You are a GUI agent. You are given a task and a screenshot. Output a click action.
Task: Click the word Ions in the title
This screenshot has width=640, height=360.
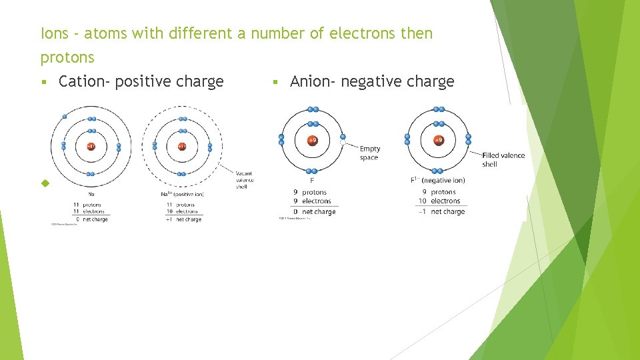[x=54, y=33]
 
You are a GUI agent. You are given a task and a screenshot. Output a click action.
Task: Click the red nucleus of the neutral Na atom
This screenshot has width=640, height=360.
[x=91, y=146]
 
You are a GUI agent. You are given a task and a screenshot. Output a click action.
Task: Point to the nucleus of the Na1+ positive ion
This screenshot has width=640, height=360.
[x=182, y=146]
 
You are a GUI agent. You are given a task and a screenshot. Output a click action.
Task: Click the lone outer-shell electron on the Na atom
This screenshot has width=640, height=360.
[x=65, y=117]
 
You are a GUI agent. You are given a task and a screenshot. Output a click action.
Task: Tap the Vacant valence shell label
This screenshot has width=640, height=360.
[x=245, y=179]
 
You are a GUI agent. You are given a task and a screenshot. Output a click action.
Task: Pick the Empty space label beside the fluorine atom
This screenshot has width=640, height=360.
[x=369, y=153]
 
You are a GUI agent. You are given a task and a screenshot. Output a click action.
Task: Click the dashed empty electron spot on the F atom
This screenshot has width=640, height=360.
[x=343, y=141]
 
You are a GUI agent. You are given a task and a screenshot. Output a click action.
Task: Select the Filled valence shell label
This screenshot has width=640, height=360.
[x=503, y=159]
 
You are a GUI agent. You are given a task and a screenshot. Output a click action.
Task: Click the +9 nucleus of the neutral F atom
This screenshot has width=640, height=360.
[x=312, y=141]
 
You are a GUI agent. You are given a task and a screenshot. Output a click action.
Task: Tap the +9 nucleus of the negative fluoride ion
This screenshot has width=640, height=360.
[x=438, y=141]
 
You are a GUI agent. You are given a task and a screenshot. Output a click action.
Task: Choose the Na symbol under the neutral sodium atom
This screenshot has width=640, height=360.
[x=91, y=195]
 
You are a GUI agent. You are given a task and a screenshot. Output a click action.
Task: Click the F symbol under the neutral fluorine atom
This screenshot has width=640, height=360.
[x=312, y=180]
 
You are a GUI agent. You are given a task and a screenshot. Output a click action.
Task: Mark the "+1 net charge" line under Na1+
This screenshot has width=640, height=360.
[x=184, y=219]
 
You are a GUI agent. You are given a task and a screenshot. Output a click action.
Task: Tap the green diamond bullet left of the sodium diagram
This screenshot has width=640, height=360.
[x=45, y=183]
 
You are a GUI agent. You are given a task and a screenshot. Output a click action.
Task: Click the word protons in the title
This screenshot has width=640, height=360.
[x=67, y=58]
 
